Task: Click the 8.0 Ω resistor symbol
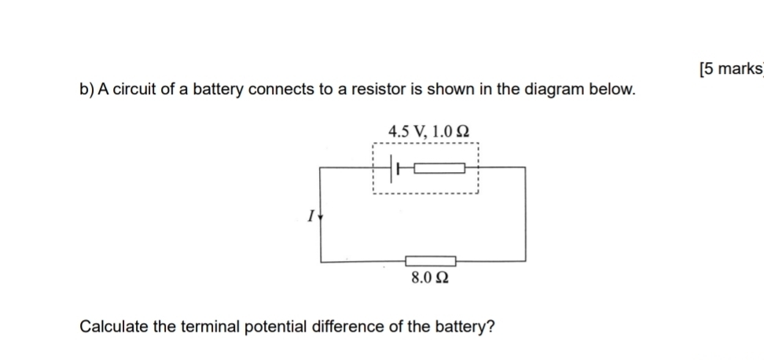pos(430,260)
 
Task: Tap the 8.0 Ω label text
pos(430,277)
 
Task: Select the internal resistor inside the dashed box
pos(440,167)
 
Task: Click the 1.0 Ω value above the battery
pos(453,131)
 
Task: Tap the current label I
pos(311,214)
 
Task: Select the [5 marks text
pos(730,69)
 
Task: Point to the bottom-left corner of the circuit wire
pos(320,260)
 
